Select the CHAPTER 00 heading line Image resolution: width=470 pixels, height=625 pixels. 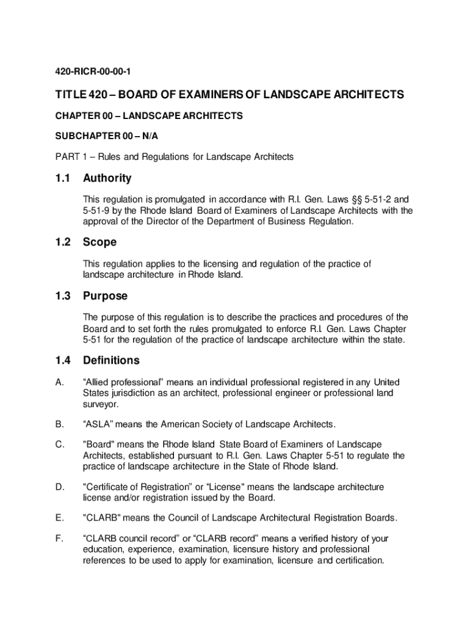pyautogui.click(x=149, y=115)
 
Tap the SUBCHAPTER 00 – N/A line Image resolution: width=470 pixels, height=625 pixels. pyautogui.click(x=110, y=136)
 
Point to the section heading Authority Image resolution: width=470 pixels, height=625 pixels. pyautogui.click(x=107, y=178)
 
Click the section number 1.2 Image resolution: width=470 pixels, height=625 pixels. pyautogui.click(x=63, y=242)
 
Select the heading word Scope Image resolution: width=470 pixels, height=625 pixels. pyautogui.click(x=99, y=242)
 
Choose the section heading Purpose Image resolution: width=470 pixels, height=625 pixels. pyautogui.click(x=106, y=296)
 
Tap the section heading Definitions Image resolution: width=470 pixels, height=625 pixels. pyautogui.click(x=111, y=360)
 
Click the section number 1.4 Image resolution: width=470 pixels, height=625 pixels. pyautogui.click(x=63, y=360)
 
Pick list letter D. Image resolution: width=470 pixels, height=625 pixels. pyautogui.click(x=59, y=486)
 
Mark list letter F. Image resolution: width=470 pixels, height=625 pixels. pyautogui.click(x=58, y=538)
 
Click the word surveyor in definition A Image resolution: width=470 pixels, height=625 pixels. pyautogui.click(x=101, y=404)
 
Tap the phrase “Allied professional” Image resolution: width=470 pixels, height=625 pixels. pyautogui.click(x=126, y=382)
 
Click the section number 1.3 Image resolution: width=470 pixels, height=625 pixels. pyautogui.click(x=63, y=296)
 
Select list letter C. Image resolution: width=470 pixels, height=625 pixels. pyautogui.click(x=59, y=445)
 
